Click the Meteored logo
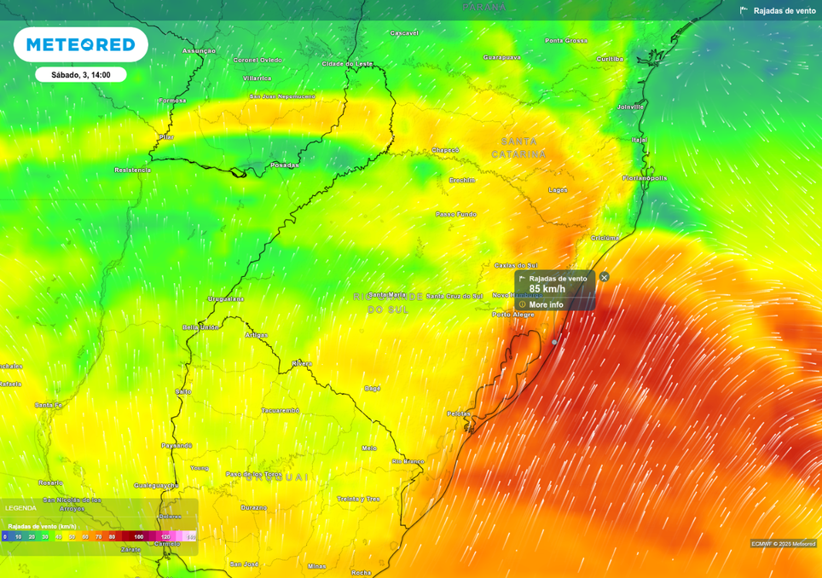click(x=81, y=44)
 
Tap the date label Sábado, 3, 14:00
click(x=81, y=75)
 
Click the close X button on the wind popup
click(x=605, y=277)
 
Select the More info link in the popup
click(x=546, y=304)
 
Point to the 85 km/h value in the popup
click(x=547, y=289)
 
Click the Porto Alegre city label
click(x=513, y=315)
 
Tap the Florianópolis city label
click(x=645, y=178)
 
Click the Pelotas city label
click(x=459, y=413)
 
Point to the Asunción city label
click(x=199, y=50)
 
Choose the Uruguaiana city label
click(x=226, y=299)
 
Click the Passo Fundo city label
click(x=456, y=214)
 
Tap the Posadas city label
click(x=284, y=165)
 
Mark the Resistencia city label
click(x=132, y=170)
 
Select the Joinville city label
click(x=630, y=107)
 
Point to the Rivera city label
click(x=302, y=363)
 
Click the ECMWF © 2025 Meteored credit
click(x=783, y=543)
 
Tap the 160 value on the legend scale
click(x=139, y=537)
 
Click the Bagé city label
click(x=372, y=388)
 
